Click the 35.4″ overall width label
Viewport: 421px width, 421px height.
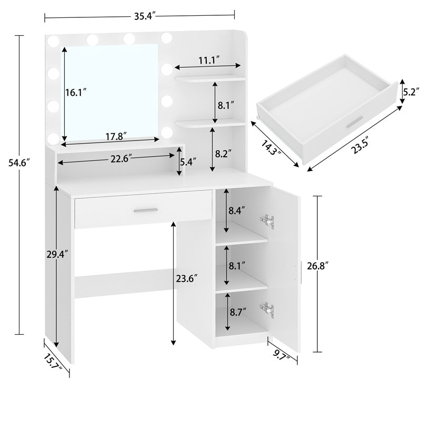pyautogui.click(x=145, y=16)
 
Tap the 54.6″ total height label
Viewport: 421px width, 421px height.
pyautogui.click(x=18, y=163)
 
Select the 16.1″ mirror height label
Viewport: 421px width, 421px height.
pyautogui.click(x=76, y=93)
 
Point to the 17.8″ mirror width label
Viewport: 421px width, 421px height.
pyautogui.click(x=116, y=136)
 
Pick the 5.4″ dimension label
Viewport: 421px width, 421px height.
pyautogui.click(x=188, y=162)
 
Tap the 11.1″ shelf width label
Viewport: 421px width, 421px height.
pyautogui.click(x=209, y=60)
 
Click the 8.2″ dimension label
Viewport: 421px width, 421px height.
pyautogui.click(x=223, y=154)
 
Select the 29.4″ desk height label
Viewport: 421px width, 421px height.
pyautogui.click(x=57, y=254)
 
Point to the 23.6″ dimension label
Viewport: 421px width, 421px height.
pyautogui.click(x=187, y=278)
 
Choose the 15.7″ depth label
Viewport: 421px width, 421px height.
pyautogui.click(x=53, y=362)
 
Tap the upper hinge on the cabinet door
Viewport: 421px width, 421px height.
pyautogui.click(x=267, y=222)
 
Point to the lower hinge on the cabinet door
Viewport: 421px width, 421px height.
pyautogui.click(x=267, y=309)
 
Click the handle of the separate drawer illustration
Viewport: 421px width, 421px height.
pyautogui.click(x=355, y=122)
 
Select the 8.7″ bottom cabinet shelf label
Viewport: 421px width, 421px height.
pyautogui.click(x=238, y=312)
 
